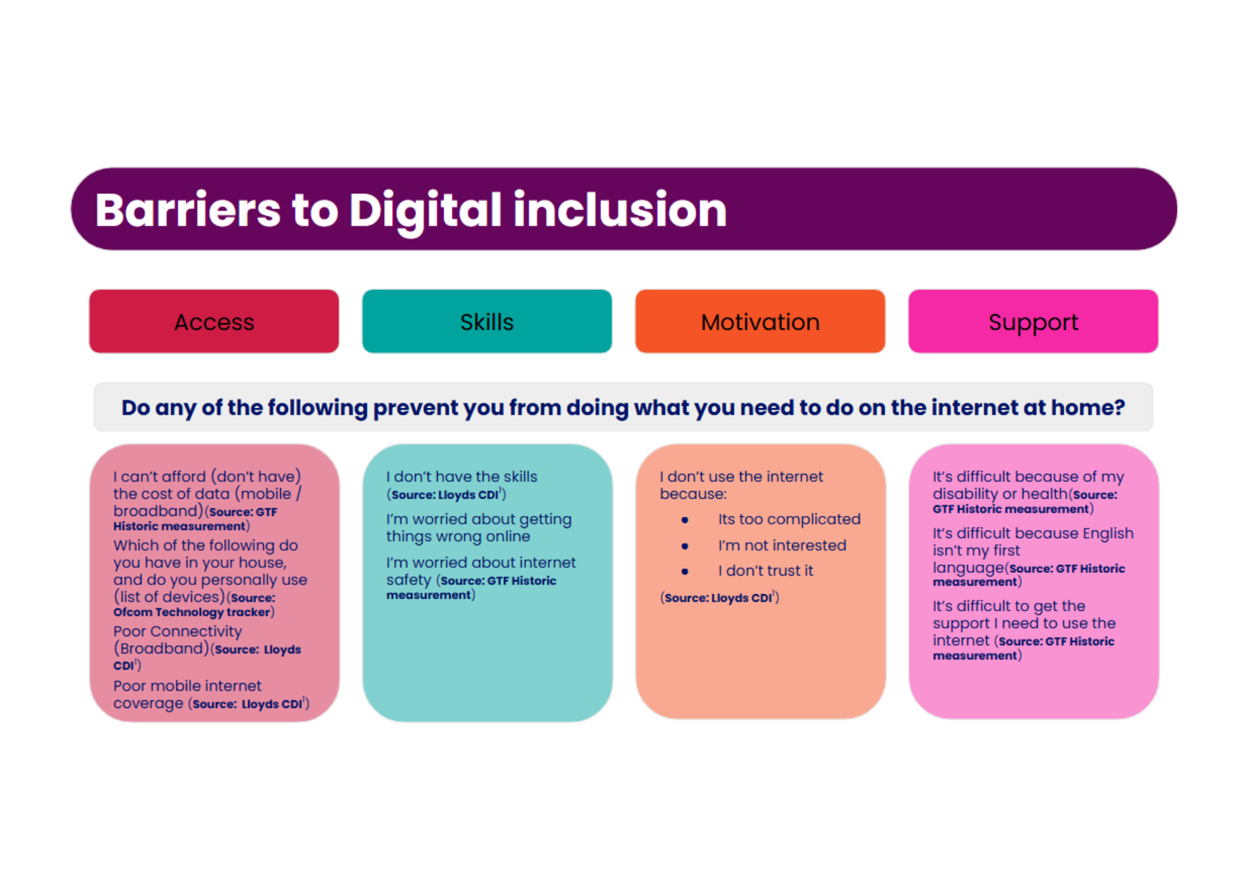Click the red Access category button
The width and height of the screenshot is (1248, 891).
[214, 321]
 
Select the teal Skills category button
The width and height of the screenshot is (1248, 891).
[487, 321]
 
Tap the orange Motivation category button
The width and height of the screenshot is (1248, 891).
[760, 321]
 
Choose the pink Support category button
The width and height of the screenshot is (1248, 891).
[1034, 321]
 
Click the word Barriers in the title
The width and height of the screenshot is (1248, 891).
[188, 210]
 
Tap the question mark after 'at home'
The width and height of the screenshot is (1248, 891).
[1119, 407]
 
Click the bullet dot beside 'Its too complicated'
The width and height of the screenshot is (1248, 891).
[685, 520]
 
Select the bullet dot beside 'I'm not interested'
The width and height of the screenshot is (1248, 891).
[685, 546]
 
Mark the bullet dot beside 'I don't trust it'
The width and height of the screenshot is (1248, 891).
[685, 571]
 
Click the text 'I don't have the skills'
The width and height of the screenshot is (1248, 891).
[461, 477]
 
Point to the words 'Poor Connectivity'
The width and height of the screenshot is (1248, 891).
[178, 632]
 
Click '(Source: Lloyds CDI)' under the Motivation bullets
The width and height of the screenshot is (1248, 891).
[719, 598]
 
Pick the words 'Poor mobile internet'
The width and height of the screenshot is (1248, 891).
[188, 686]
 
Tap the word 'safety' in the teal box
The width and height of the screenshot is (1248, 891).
[408, 580]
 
